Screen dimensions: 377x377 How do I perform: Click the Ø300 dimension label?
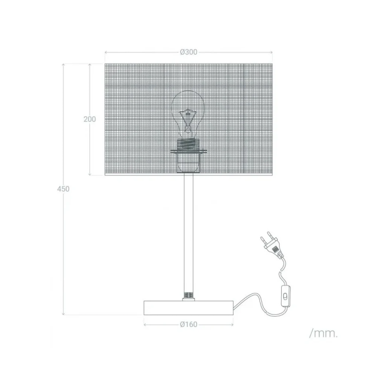[188, 52]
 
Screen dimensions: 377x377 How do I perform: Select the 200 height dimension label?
[90, 119]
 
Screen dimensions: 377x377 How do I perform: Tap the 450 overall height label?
[65, 189]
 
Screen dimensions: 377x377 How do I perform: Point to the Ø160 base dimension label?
[188, 324]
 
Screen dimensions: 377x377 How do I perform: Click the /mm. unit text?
[324, 333]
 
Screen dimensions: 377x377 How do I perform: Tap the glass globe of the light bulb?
[188, 105]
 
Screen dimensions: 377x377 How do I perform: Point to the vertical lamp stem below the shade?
[188, 232]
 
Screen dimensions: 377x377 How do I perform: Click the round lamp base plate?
[188, 308]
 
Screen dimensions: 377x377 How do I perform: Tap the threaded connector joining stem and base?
[188, 296]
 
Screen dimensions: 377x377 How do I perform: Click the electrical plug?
[270, 243]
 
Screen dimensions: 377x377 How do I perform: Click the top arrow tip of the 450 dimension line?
[65, 64]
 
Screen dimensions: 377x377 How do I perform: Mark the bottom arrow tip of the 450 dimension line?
[65, 315]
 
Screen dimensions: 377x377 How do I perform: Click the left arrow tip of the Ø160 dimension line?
[144, 324]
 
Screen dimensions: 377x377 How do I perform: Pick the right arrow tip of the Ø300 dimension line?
[274, 52]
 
